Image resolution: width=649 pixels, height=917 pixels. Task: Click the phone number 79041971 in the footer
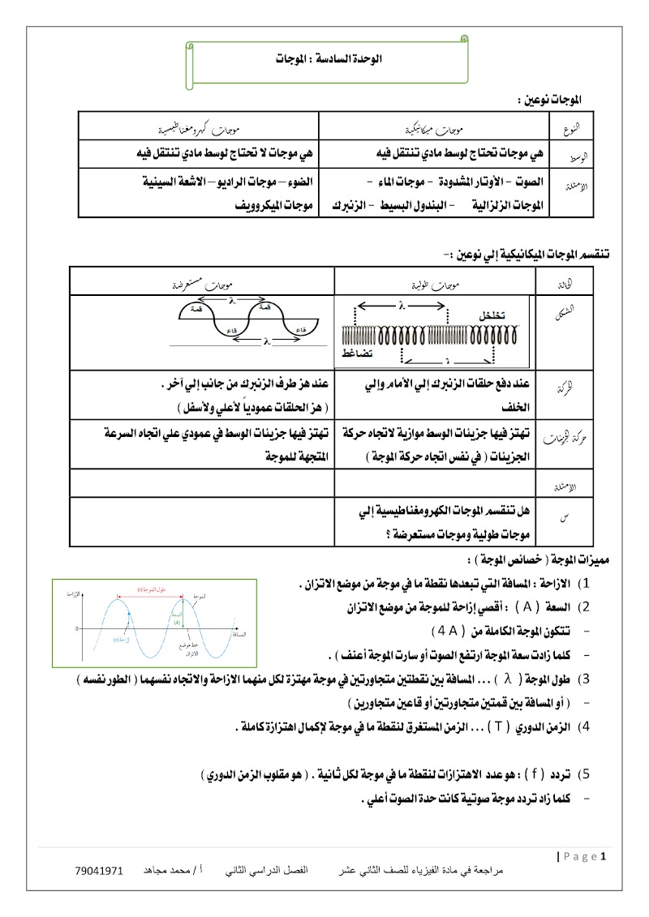98,872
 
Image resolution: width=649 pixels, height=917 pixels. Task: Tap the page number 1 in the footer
603,856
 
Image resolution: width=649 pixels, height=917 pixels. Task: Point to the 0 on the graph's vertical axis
76,628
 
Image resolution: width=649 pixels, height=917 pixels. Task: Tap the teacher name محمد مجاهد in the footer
165,872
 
